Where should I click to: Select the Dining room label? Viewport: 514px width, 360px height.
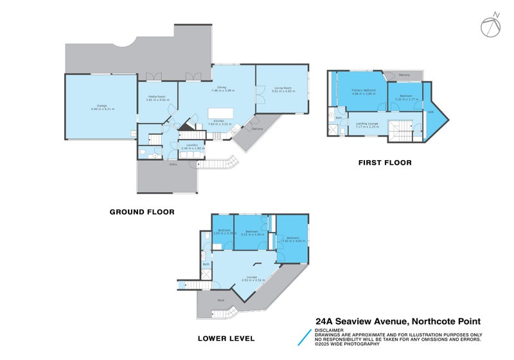221,89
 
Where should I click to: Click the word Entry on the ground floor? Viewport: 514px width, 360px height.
173,165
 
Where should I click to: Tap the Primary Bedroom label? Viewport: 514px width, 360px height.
364,91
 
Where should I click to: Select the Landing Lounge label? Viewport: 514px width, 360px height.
367,124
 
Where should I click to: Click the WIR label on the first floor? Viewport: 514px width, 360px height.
430,113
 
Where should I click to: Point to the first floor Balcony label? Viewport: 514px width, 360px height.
404,76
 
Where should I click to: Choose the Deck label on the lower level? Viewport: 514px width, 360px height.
220,300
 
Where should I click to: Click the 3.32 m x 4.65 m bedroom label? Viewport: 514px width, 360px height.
292,239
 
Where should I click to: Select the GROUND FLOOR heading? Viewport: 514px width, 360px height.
142,212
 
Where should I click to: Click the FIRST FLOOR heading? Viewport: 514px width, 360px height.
385,163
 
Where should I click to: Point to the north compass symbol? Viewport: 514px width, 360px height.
490,26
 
